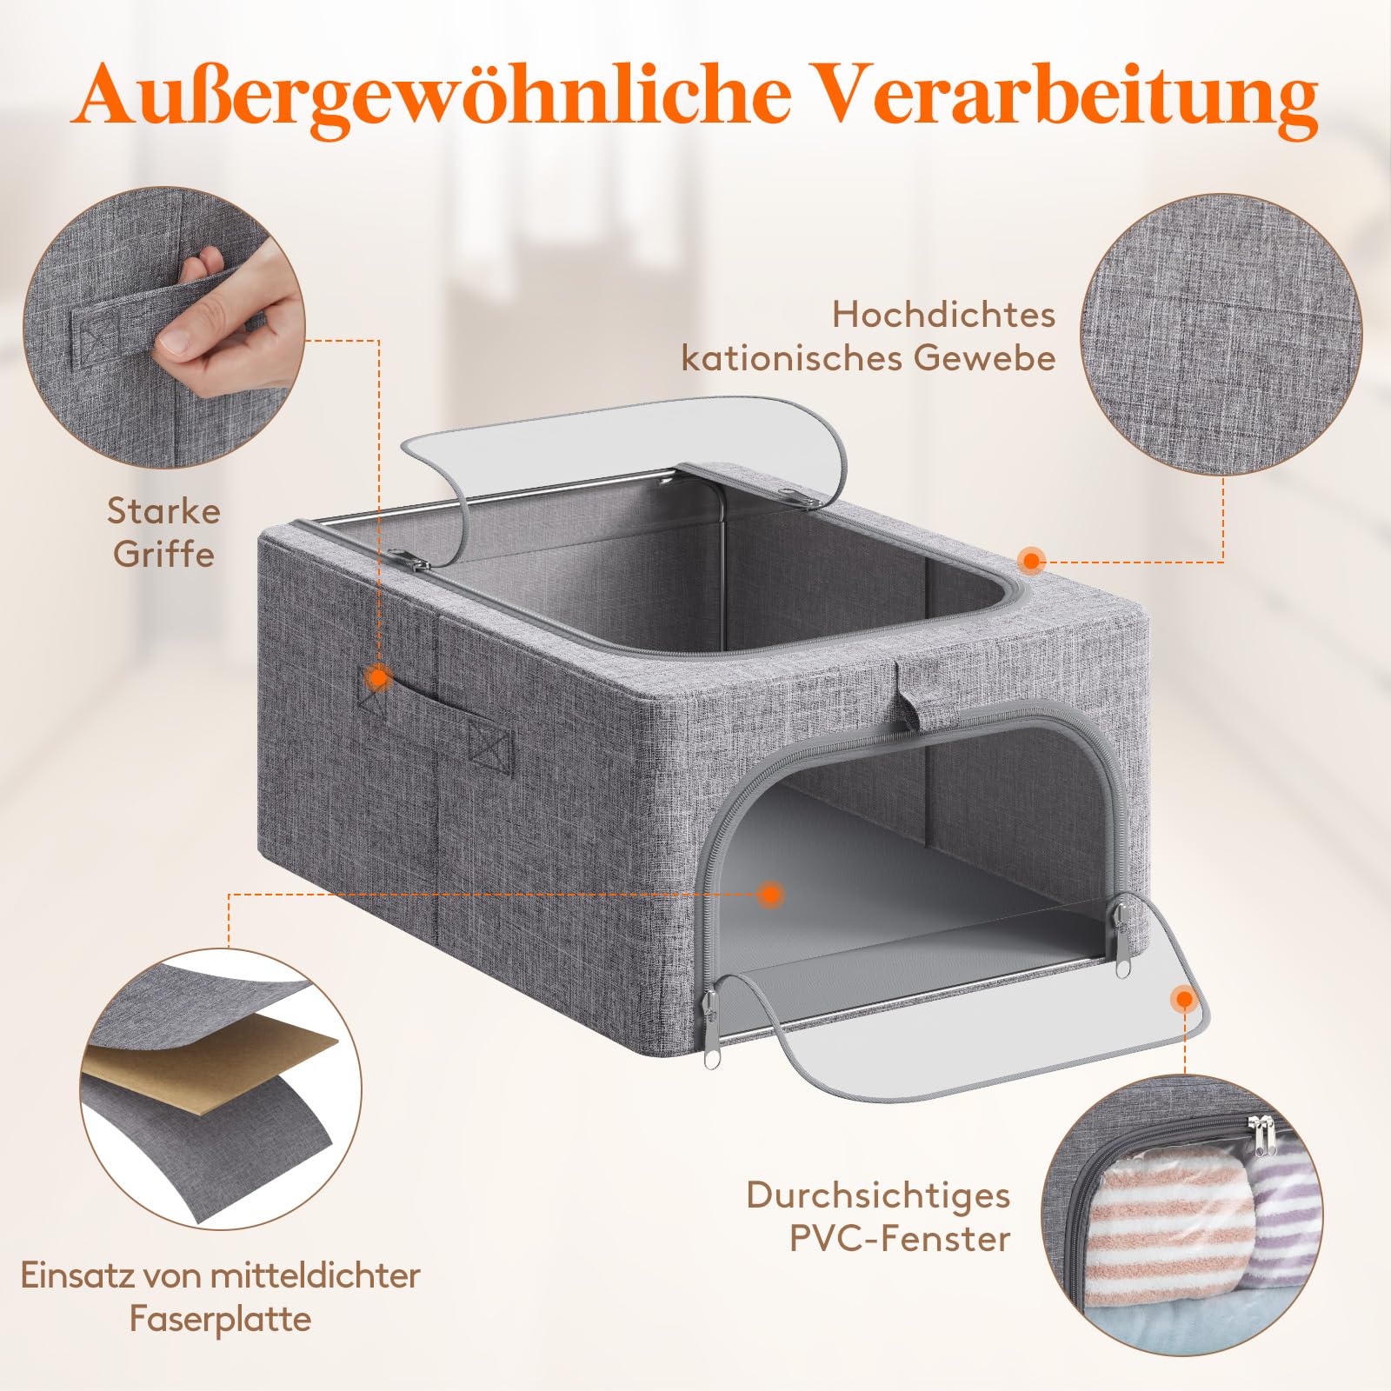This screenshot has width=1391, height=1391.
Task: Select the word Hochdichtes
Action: (x=943, y=315)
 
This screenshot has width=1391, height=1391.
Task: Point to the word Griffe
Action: (x=163, y=554)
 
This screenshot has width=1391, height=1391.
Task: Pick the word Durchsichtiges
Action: (x=878, y=1195)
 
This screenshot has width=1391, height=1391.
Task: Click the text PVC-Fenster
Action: (x=900, y=1239)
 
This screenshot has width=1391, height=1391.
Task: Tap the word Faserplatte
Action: (x=220, y=1319)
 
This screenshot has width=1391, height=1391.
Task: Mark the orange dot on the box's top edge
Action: (x=1031, y=561)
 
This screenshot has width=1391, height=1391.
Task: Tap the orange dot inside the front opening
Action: (x=769, y=894)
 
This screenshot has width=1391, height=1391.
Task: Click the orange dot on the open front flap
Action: (x=1182, y=999)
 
